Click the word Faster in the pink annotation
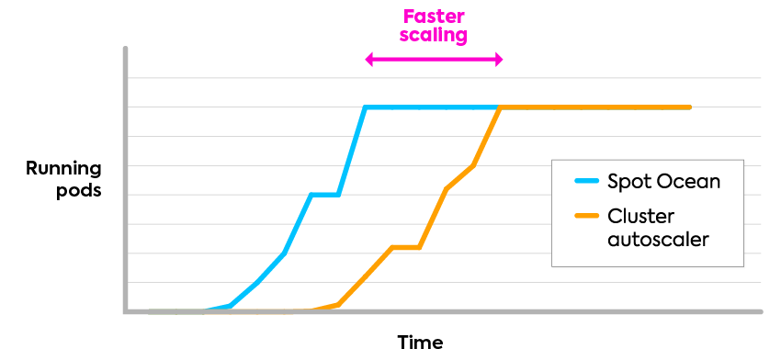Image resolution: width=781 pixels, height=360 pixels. coord(435,17)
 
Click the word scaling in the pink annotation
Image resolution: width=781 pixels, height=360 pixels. coord(435,36)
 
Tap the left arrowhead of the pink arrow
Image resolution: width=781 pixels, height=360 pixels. coord(369,60)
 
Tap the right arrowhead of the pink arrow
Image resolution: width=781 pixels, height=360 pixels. coord(499,60)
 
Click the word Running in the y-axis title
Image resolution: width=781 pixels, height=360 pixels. coord(63,169)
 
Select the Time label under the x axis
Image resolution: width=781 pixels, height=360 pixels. coord(420,343)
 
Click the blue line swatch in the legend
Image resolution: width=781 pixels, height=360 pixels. coord(585,181)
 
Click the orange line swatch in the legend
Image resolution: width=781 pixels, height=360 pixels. coord(585,217)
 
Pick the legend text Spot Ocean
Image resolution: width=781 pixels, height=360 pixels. coord(663,181)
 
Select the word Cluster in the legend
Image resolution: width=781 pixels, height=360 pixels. coord(641,217)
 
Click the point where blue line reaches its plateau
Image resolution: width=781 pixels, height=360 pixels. coord(366,107)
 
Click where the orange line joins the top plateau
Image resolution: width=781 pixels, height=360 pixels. coord(500,107)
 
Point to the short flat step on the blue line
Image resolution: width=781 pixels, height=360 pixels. coord(325,194)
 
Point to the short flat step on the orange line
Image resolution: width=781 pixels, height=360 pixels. coord(406,247)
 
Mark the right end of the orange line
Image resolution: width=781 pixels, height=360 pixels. coord(689,107)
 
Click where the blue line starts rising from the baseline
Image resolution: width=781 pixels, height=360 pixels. coord(209,310)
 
